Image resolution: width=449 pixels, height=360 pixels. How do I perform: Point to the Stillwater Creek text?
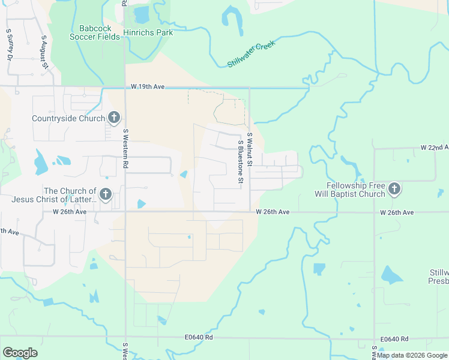pyautogui.click(x=251, y=55)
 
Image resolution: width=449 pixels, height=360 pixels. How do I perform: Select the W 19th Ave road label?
pyautogui.click(x=148, y=87)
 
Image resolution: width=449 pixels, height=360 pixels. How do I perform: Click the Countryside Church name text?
pyautogui.click(x=68, y=118)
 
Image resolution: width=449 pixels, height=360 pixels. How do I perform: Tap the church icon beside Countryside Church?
pyautogui.click(x=115, y=118)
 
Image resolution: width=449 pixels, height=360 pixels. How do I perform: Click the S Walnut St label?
pyautogui.click(x=249, y=150)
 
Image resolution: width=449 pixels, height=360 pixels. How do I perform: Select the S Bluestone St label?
pyautogui.click(x=240, y=162)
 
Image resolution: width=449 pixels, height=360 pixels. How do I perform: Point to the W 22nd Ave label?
pyautogui.click(x=434, y=147)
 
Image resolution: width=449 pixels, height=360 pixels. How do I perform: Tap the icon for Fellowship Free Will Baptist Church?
pyautogui.click(x=394, y=190)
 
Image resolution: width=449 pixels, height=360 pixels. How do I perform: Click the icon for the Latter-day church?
pyautogui.click(x=106, y=194)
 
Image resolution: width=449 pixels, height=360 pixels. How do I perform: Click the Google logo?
pyautogui.click(x=20, y=353)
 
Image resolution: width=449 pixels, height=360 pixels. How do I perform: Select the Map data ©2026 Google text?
pyautogui.click(x=412, y=355)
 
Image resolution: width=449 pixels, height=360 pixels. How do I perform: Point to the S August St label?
pyautogui.click(x=43, y=53)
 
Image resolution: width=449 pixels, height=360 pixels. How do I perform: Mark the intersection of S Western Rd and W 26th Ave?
pyautogui.click(x=125, y=211)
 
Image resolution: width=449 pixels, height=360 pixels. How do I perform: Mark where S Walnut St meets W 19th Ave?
pyautogui.click(x=249, y=88)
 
